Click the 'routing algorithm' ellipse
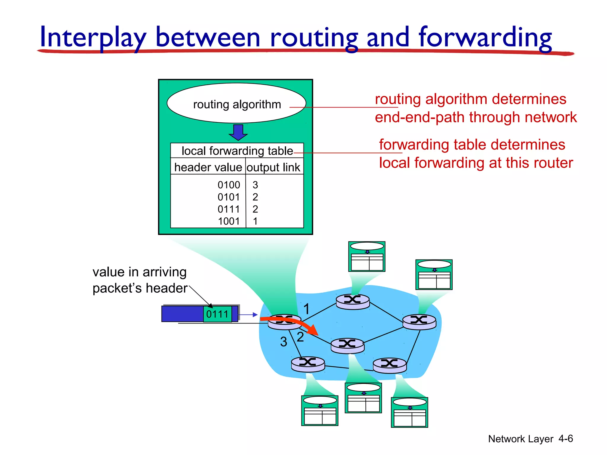[237, 104]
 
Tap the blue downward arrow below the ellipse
[238, 132]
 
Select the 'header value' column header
[208, 167]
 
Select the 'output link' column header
[273, 167]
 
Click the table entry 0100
[229, 185]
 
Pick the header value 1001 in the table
[229, 221]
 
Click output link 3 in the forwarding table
[255, 185]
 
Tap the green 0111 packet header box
[218, 314]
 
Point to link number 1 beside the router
[306, 309]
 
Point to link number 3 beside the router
[284, 342]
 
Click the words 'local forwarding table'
[237, 151]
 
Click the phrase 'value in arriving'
[139, 272]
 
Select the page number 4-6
[566, 438]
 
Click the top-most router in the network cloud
[353, 302]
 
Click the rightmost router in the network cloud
[419, 322]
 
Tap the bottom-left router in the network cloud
[308, 364]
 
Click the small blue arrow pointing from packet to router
[248, 315]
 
